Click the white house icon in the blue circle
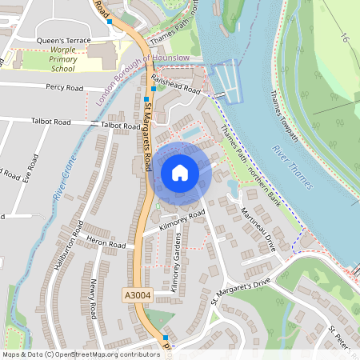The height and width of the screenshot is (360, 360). (180, 173)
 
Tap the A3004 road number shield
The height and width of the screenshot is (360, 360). (137, 295)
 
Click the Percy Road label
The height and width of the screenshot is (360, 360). (64, 87)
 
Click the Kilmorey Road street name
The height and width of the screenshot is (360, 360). (182, 221)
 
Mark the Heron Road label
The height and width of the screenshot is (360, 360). (106, 244)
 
